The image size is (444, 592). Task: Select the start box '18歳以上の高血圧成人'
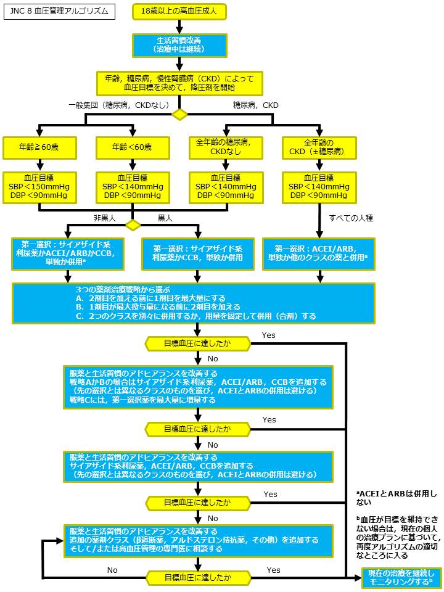tap(179, 12)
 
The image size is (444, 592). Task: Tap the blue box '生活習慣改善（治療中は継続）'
tap(179, 45)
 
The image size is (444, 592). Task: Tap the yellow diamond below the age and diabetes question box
tap(179, 114)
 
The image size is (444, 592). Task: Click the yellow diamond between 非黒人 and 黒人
tap(133, 225)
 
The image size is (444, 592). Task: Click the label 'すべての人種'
tap(351, 218)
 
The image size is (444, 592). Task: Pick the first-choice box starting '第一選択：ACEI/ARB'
tap(319, 253)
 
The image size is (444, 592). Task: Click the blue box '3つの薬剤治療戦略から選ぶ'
tap(194, 303)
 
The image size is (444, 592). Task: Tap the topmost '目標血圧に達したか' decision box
tap(197, 343)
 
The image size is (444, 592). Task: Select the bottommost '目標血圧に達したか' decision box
tap(197, 578)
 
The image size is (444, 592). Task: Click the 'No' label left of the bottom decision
tap(112, 570)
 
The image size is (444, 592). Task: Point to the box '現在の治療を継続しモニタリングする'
tap(401, 578)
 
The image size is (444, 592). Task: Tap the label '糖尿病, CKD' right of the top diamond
tap(255, 105)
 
